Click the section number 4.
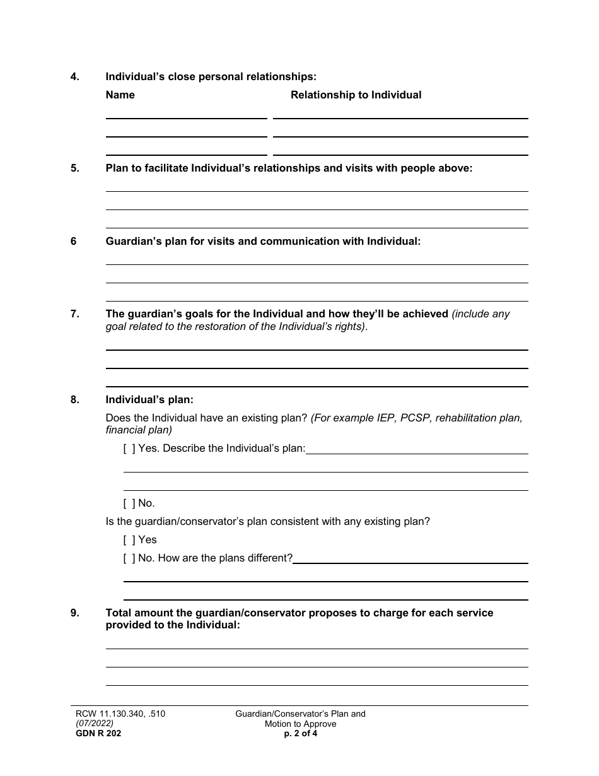tap(74, 77)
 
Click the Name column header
tap(120, 95)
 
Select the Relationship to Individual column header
tap(356, 95)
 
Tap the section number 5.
tap(74, 168)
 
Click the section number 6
tap(73, 242)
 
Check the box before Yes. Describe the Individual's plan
tap(129, 449)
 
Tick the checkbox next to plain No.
tap(129, 503)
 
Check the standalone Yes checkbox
tap(129, 540)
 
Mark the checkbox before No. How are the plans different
tap(129, 558)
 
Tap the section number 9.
tap(74, 613)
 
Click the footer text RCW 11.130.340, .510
tap(120, 714)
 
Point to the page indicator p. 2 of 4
tap(301, 734)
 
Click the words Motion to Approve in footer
tap(301, 724)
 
